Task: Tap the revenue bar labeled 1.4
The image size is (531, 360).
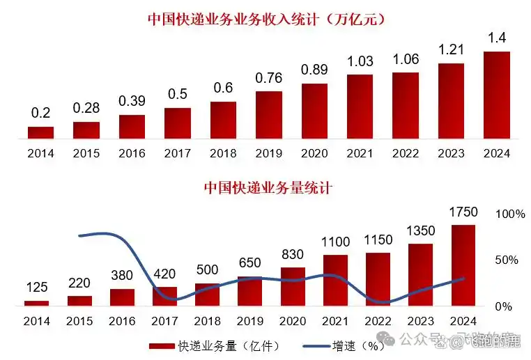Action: point(497,95)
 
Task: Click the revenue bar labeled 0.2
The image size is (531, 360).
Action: point(41,132)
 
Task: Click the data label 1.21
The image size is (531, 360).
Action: point(451,50)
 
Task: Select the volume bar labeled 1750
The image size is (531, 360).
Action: point(463,265)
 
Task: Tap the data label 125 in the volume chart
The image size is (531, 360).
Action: point(37,287)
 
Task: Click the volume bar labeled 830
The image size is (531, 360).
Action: point(293,285)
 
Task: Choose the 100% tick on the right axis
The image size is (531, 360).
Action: point(510,214)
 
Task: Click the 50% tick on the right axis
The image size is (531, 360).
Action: point(507,260)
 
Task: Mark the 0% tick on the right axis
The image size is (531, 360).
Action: point(505,306)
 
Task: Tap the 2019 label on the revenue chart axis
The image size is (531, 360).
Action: point(268,153)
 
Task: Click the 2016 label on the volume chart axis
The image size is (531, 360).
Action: point(122,321)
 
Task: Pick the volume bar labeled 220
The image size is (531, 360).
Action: point(79,300)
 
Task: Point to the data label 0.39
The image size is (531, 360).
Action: point(132,101)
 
